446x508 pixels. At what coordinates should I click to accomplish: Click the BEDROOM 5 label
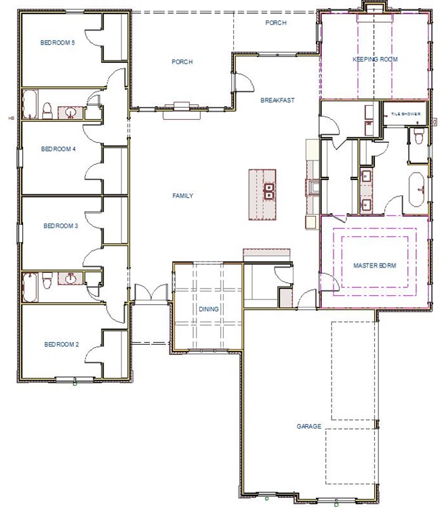(57, 43)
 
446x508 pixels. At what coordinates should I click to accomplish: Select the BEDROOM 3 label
(61, 226)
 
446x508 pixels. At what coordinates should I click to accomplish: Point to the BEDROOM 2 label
(61, 345)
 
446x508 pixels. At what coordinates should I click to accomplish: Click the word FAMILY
(182, 196)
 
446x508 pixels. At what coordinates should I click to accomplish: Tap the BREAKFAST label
(277, 100)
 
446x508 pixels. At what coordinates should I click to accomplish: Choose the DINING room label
(208, 309)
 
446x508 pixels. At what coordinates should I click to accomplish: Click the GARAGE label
(308, 427)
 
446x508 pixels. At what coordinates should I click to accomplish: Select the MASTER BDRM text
(374, 265)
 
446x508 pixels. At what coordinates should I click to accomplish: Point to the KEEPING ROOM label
(375, 60)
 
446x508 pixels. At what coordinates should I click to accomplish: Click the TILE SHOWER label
(405, 115)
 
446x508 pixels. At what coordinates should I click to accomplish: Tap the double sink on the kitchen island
(268, 192)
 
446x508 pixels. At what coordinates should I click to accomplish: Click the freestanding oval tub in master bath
(416, 188)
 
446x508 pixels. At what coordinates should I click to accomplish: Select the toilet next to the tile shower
(418, 137)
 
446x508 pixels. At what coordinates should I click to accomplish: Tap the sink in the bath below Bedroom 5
(70, 112)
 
